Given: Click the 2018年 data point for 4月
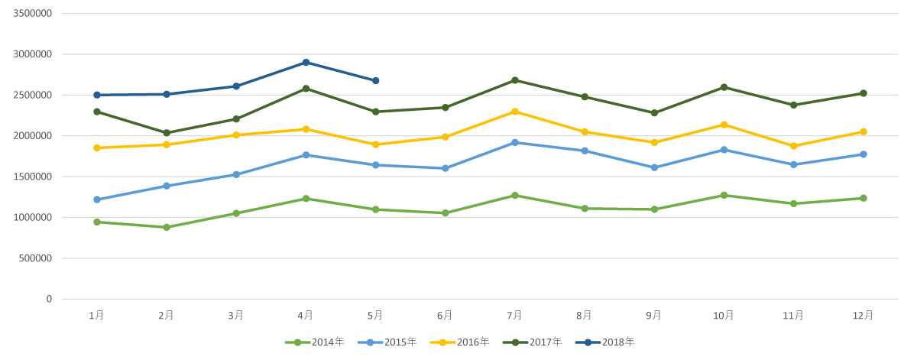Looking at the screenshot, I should [306, 62].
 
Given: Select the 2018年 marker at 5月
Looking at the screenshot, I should [375, 80].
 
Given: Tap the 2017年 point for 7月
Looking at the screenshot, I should [515, 80].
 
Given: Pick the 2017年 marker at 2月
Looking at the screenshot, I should [166, 133].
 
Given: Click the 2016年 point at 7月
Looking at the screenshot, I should [515, 112].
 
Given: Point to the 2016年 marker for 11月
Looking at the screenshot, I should [793, 146].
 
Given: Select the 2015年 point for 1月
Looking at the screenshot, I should [96, 199].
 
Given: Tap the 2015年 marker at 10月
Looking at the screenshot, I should [724, 150].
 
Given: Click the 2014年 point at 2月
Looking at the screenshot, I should [166, 227].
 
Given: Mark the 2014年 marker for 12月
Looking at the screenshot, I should [864, 198].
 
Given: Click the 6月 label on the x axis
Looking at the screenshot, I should [445, 315].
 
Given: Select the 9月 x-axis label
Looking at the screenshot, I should [654, 315].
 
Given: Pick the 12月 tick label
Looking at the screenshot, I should [864, 315].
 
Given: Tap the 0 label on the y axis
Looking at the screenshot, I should [48, 299].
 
